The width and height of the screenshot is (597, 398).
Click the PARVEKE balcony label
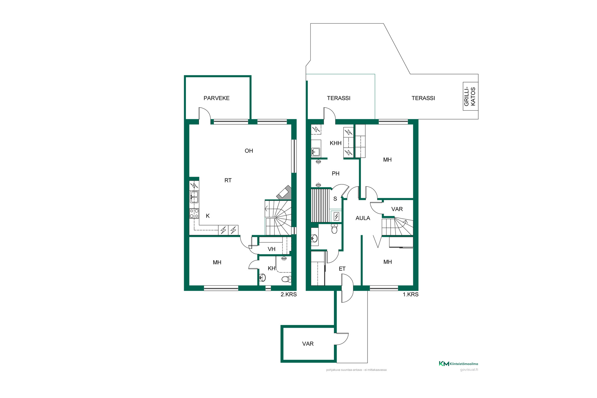pyautogui.click(x=216, y=98)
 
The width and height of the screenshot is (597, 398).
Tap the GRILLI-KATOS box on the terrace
pyautogui.click(x=470, y=96)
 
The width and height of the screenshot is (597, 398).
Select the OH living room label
pyautogui.click(x=249, y=151)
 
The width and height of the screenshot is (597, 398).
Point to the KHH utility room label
pyautogui.click(x=336, y=143)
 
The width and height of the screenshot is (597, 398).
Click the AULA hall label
pyautogui.click(x=363, y=218)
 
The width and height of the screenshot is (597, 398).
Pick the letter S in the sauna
pyautogui.click(x=335, y=199)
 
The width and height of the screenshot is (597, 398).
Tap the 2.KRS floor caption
pyautogui.click(x=289, y=294)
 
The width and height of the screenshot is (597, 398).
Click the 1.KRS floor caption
pyautogui.click(x=410, y=294)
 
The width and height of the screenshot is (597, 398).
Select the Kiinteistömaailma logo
pyautogui.click(x=458, y=363)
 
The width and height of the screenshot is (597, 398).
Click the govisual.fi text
pyautogui.click(x=469, y=370)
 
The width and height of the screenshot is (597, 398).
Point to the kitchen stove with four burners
pyautogui.click(x=194, y=213)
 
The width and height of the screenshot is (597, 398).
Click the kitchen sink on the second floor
pyautogui.click(x=194, y=197)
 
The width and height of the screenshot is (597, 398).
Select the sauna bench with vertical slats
pyautogui.click(x=320, y=205)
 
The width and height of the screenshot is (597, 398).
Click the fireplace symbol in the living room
pyautogui.click(x=284, y=193)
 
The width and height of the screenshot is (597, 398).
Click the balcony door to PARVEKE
pyautogui.click(x=205, y=114)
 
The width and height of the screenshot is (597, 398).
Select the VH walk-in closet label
pyautogui.click(x=271, y=249)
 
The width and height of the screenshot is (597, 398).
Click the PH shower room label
pyautogui.click(x=336, y=174)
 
